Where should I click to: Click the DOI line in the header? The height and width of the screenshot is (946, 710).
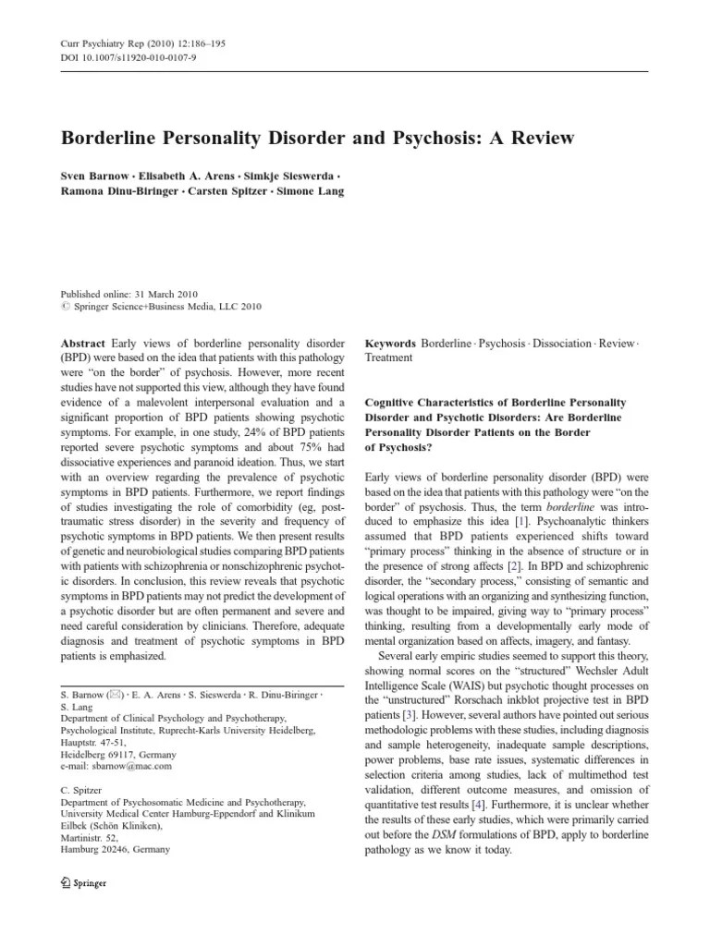click(129, 56)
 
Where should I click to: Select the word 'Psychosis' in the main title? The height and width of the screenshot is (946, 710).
click(462, 138)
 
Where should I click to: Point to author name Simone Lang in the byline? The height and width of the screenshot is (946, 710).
click(312, 192)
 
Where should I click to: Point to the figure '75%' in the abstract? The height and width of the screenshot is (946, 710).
click(299, 447)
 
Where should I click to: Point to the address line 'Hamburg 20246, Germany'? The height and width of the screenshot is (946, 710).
click(116, 849)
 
